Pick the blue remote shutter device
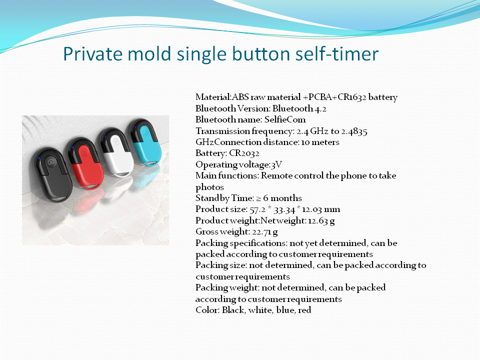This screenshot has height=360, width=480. pyautogui.click(x=145, y=142)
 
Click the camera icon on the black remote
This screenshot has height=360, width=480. pyautogui.click(x=51, y=162)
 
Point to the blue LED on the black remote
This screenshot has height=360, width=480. pyautogui.click(x=39, y=158)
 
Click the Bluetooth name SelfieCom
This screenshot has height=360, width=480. pyautogui.click(x=285, y=119)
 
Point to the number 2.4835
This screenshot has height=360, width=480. pyautogui.click(x=354, y=131)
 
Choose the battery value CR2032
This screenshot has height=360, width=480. pyautogui.click(x=244, y=153)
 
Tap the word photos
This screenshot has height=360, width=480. pyautogui.click(x=209, y=187)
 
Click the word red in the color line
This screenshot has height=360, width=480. pyautogui.click(x=304, y=310)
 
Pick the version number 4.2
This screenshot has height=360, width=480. pyautogui.click(x=320, y=108)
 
